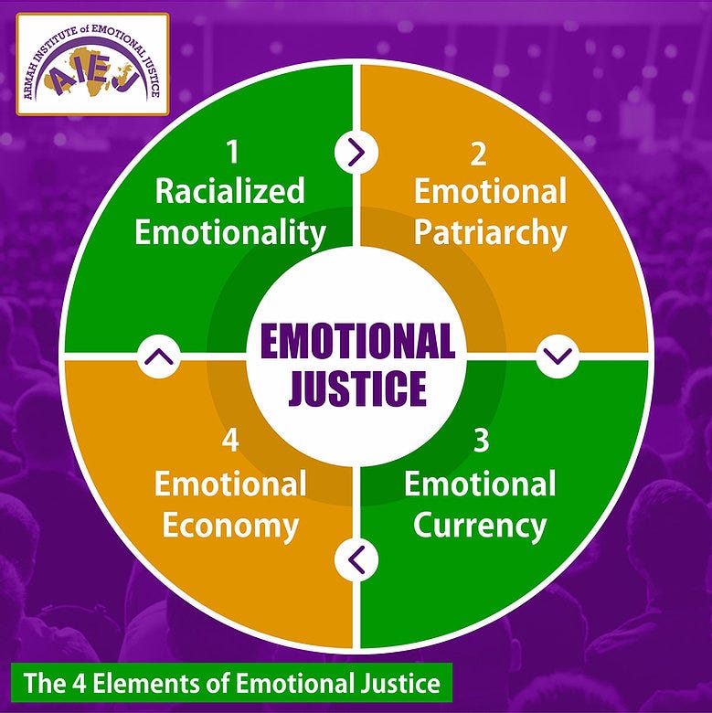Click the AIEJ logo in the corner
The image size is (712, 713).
92,63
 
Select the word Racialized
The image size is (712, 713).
229,191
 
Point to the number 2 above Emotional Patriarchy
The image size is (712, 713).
478,154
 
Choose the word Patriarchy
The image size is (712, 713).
489,232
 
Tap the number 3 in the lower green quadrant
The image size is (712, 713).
480,441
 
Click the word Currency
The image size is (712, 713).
480,526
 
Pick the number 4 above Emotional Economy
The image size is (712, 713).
229,441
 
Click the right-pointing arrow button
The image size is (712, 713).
356,152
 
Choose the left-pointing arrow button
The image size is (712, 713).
356,558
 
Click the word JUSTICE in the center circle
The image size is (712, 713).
357,388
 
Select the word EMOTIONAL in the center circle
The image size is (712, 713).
357,343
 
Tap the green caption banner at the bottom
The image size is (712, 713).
231,683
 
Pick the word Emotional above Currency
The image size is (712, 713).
480,484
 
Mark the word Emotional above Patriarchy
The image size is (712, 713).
490,192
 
